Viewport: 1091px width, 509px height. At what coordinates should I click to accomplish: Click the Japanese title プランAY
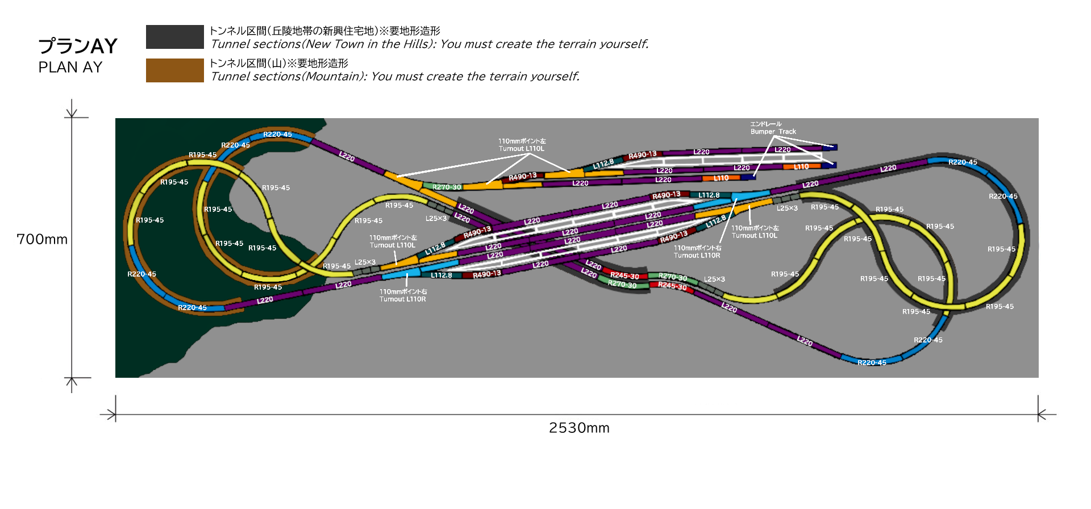point(78,46)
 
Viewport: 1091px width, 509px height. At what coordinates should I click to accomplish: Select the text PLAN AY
point(70,68)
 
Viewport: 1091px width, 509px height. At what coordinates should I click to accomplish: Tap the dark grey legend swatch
point(174,37)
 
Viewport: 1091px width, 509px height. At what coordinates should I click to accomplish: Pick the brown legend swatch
point(174,70)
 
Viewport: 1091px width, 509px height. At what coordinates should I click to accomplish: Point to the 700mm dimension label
point(42,239)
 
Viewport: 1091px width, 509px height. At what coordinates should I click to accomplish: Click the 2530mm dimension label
point(579,428)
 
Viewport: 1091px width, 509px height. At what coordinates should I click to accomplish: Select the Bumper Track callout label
point(773,132)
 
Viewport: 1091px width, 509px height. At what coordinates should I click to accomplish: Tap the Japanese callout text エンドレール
point(765,124)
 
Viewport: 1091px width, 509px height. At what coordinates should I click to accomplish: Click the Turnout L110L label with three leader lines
point(521,149)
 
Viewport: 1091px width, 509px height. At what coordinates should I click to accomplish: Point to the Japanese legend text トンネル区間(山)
point(250,63)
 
